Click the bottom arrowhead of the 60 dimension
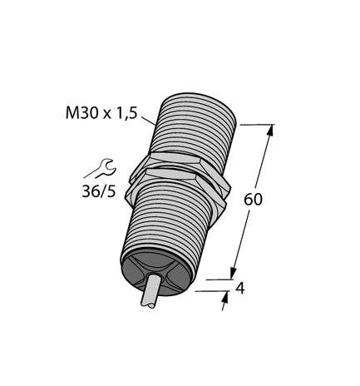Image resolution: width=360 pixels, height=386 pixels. [234, 274]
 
